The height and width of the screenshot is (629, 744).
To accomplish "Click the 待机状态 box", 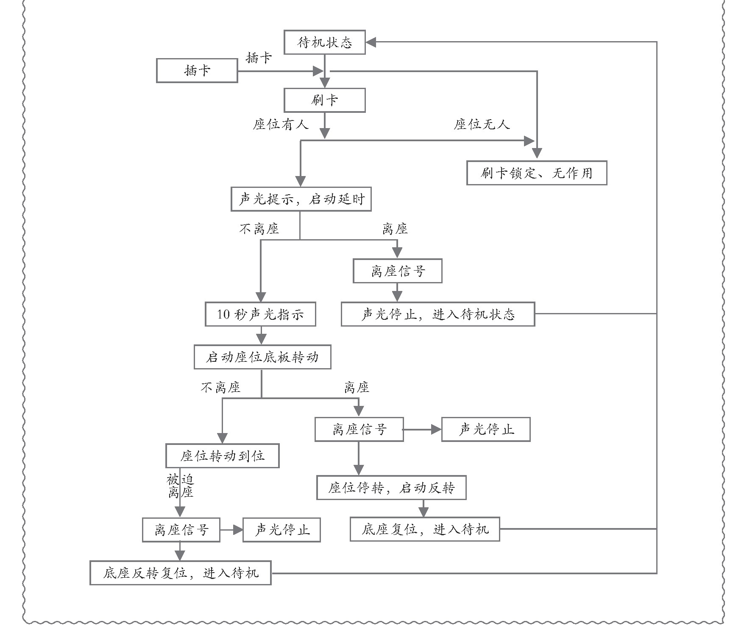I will point(324,42).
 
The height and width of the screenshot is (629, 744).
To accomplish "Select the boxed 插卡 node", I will point(197,70).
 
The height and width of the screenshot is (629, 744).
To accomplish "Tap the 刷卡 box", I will point(324,100).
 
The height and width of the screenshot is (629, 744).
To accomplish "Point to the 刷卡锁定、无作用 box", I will point(536,173).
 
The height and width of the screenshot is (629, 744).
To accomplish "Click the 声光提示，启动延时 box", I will point(301,199).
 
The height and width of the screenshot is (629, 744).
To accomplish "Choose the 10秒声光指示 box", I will point(260,314).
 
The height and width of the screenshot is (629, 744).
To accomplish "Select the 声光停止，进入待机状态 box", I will point(437,314).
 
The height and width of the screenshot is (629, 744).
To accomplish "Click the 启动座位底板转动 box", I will point(262,357).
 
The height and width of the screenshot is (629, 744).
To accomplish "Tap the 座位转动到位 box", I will point(222,456).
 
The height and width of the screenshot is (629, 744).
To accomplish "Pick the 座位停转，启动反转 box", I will point(391,488).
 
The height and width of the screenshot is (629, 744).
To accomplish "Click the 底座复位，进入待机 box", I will point(425,529).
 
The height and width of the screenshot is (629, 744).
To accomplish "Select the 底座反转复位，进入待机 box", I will point(180,573).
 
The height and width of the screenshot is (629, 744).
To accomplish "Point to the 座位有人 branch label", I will point(281,124).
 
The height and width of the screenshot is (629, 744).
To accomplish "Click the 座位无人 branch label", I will point(481,124).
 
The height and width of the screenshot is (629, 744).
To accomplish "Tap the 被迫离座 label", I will point(180,486).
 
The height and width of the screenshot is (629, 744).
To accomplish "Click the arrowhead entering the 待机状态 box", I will point(371,42).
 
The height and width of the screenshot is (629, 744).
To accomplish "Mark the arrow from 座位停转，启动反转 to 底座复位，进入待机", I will point(423,508).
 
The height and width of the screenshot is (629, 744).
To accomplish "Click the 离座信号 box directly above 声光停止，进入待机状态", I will point(398,271).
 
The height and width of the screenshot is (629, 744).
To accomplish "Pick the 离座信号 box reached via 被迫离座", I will point(181,530).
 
